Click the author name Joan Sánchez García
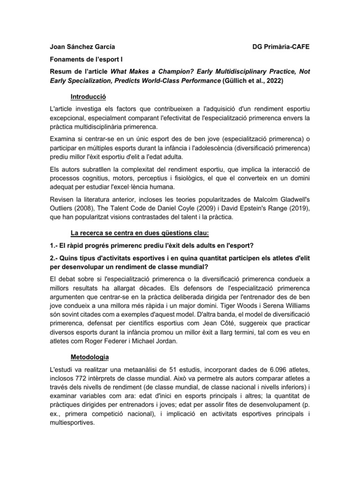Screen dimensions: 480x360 [x=82, y=47]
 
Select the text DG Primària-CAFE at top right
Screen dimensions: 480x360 [x=281, y=47]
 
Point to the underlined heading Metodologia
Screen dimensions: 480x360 [x=90, y=357]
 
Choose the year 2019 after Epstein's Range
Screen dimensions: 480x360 [x=295, y=208]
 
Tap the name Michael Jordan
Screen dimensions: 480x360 [x=154, y=342]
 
